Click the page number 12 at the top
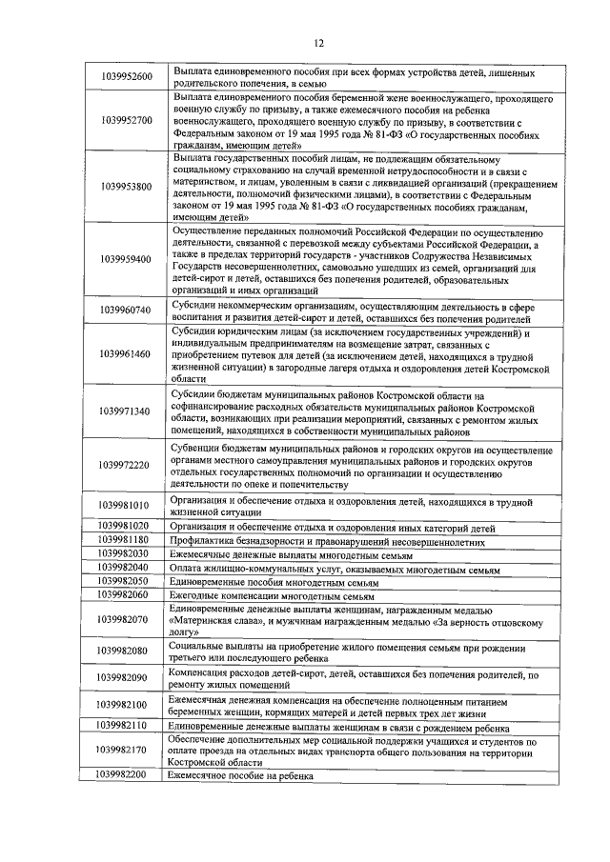tap(318, 42)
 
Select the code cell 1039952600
tap(124, 76)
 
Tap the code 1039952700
tap(124, 121)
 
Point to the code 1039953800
tap(124, 186)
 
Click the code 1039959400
tap(124, 259)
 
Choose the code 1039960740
tap(124, 311)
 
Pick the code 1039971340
tap(124, 411)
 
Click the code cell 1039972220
tap(124, 465)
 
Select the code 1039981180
tap(124, 539)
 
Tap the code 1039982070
tap(124, 619)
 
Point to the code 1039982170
tap(124, 751)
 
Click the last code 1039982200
tap(124, 776)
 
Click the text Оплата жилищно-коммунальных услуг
tap(254, 566)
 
